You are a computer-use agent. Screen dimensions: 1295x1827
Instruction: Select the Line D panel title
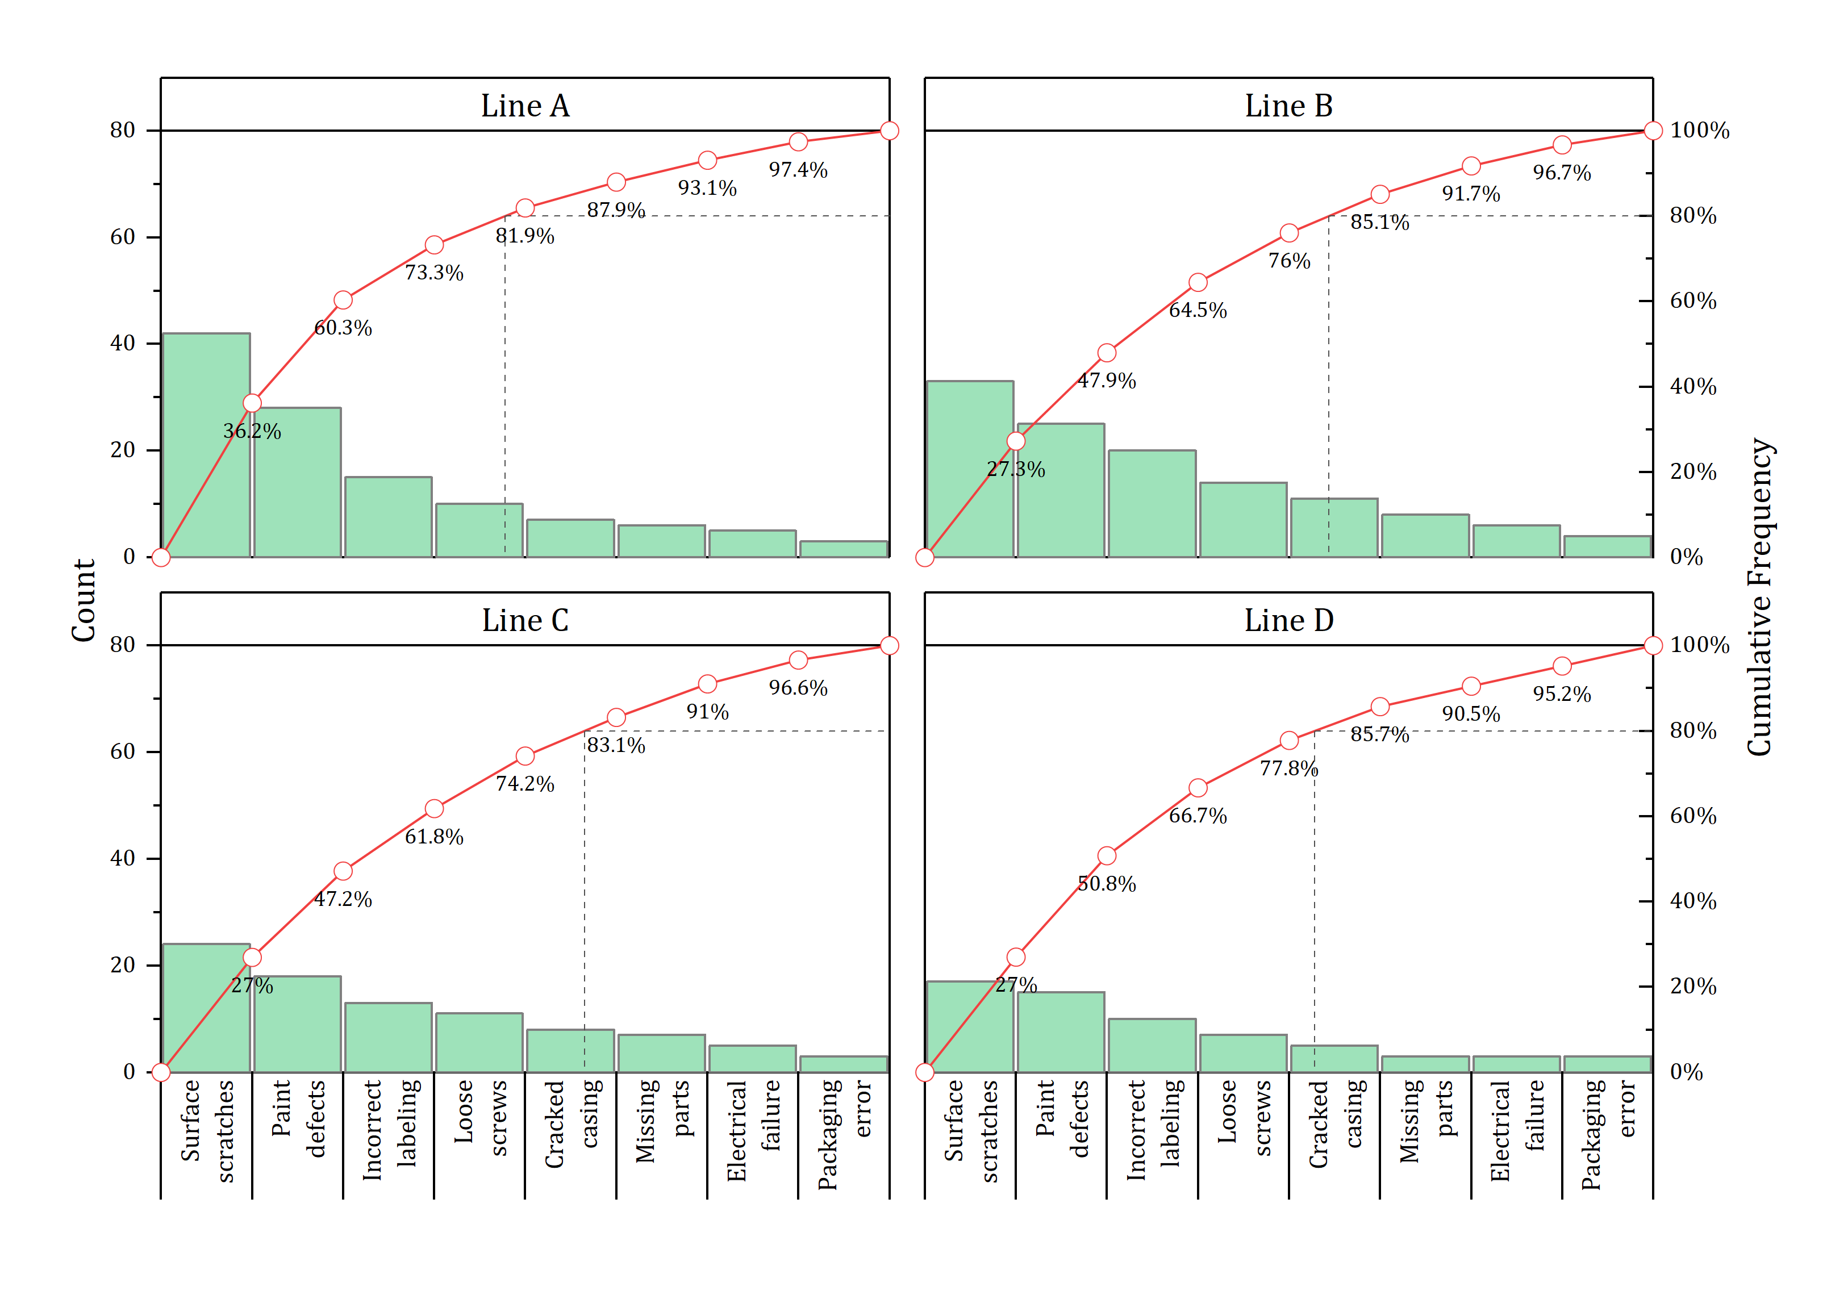1288,620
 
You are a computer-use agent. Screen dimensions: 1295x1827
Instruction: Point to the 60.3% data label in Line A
343,328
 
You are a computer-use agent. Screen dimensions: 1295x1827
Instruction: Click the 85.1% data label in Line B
1379,223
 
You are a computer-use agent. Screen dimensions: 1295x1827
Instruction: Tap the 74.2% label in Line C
525,784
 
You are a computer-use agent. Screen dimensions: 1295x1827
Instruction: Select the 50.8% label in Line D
1106,884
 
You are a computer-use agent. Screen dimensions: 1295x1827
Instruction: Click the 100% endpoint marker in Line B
1653,131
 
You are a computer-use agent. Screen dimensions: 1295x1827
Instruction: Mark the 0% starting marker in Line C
161,1072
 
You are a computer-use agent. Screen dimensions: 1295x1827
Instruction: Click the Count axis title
84,600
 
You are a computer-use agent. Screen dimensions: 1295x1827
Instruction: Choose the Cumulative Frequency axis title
1758,596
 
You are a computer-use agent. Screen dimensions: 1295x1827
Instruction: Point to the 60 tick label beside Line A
123,237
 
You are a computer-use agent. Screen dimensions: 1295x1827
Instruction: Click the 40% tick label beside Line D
1692,901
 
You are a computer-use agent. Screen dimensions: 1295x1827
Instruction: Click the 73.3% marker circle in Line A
434,245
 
